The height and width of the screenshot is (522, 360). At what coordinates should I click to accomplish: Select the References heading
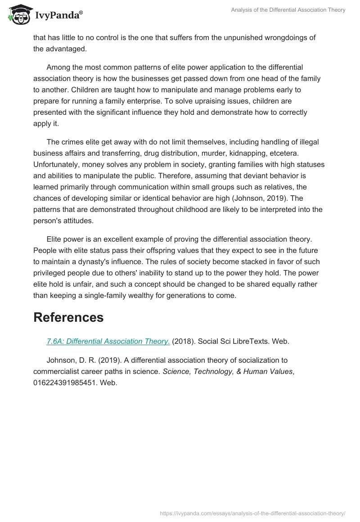click(68, 317)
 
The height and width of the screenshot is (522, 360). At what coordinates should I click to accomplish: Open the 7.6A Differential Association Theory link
click(108, 341)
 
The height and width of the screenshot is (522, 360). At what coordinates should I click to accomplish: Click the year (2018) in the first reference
click(184, 341)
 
